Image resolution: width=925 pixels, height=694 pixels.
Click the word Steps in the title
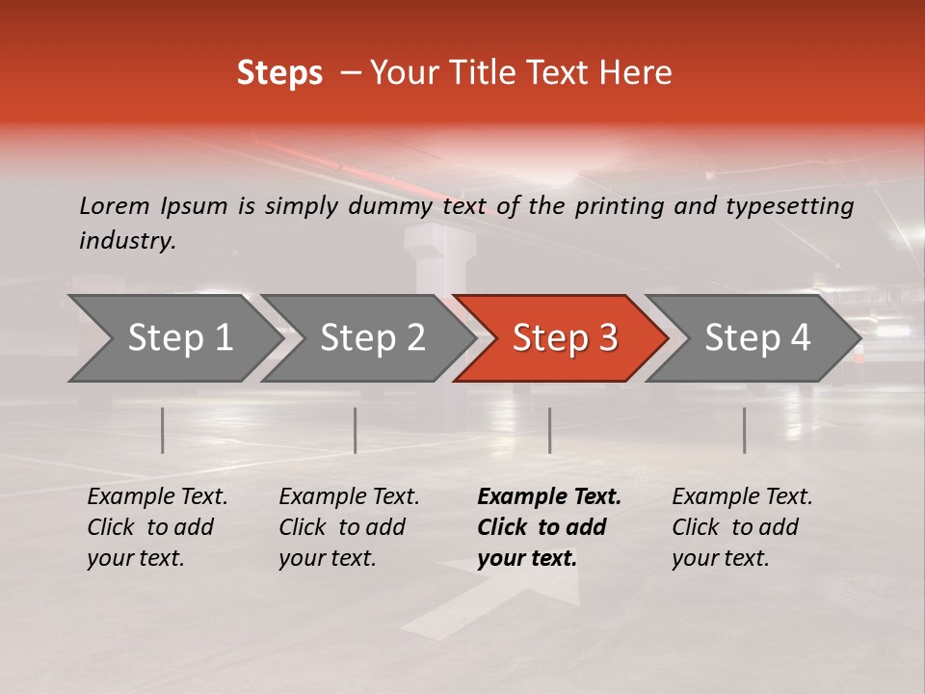click(x=279, y=73)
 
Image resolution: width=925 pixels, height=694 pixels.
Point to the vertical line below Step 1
click(x=163, y=430)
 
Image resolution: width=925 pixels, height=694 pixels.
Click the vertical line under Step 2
click(x=356, y=430)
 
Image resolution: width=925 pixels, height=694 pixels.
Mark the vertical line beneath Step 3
click(x=549, y=430)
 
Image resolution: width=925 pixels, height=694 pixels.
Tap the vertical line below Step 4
click(x=744, y=430)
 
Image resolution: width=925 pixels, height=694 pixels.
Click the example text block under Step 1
click(x=157, y=527)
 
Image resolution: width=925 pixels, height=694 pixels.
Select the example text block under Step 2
click(x=349, y=527)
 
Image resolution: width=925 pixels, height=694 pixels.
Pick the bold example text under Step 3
click(x=548, y=527)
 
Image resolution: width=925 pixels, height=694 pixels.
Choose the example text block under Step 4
click(x=742, y=527)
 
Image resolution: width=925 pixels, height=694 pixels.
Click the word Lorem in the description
click(x=115, y=205)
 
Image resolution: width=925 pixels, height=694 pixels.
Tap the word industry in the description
click(x=126, y=241)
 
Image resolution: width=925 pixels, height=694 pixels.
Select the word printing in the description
click(x=620, y=206)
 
